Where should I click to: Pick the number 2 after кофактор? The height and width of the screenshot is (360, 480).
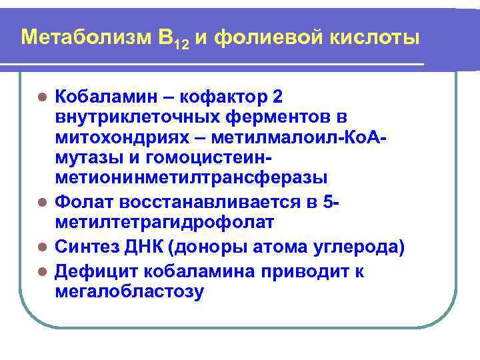pyautogui.click(x=277, y=97)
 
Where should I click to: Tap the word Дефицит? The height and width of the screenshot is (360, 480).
pyautogui.click(x=94, y=271)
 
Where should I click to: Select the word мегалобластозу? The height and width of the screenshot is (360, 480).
pyautogui.click(x=131, y=292)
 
